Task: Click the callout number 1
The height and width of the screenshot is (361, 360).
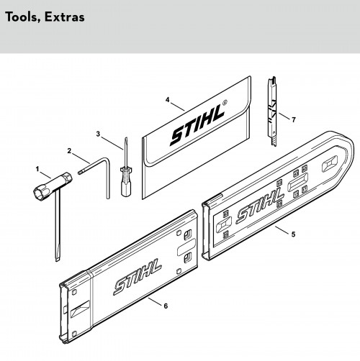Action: point(37,169)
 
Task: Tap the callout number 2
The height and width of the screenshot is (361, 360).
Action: point(69,151)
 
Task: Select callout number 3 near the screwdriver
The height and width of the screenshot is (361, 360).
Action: point(98,134)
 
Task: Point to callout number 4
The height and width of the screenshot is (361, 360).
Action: point(168,99)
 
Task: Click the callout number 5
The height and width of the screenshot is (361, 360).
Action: point(293,234)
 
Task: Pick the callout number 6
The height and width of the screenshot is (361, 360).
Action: point(166,306)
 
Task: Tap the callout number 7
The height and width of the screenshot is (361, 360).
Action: point(294,119)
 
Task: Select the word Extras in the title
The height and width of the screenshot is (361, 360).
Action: point(65,17)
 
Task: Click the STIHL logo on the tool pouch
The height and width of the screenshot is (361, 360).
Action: point(197,126)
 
